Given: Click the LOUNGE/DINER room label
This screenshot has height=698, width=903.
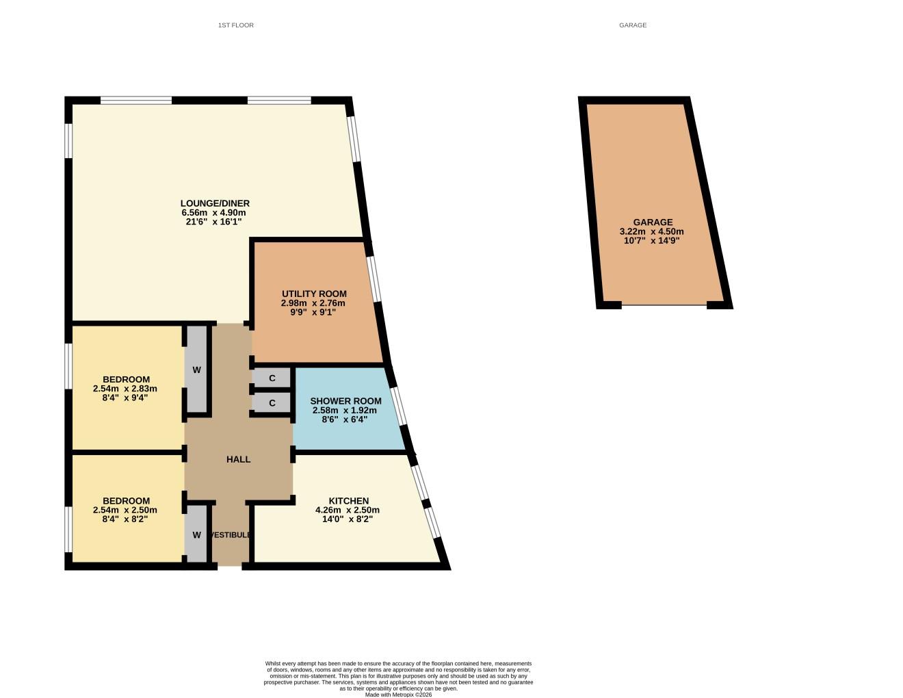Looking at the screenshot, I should (x=215, y=203).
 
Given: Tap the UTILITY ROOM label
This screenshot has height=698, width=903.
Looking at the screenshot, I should (x=314, y=294).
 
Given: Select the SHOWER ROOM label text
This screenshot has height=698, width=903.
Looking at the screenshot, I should (x=345, y=401).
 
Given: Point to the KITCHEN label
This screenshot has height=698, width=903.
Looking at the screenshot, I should (x=348, y=501).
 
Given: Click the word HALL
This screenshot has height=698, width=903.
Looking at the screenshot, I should (x=238, y=459).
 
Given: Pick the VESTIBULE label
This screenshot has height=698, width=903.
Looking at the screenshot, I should (x=231, y=534).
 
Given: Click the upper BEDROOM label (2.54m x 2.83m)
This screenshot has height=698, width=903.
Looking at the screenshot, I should (x=126, y=379).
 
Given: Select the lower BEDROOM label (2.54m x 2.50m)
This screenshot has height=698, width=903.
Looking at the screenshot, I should (x=126, y=501).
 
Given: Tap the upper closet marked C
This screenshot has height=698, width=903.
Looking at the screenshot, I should (x=272, y=378).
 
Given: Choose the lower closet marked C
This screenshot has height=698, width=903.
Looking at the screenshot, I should (x=272, y=403).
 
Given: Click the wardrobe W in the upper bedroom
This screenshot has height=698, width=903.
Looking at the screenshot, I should (x=196, y=370).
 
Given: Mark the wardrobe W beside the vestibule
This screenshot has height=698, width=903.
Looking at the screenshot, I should (x=196, y=535).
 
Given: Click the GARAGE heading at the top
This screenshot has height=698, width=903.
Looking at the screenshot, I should (x=633, y=25).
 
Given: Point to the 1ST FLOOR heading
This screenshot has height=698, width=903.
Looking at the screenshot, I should (x=236, y=25).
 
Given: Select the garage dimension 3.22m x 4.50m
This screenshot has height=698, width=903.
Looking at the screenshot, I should (x=651, y=231).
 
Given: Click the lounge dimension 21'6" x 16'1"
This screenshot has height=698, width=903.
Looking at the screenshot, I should (x=214, y=222).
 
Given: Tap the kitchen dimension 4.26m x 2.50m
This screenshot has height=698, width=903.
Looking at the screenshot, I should (x=348, y=510).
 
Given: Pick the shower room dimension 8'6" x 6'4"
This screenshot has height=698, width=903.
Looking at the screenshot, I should (x=345, y=419).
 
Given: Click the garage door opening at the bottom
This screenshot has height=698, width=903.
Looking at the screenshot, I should (x=664, y=305).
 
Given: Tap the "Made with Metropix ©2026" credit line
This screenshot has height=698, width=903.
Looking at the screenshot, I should (x=398, y=694).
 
